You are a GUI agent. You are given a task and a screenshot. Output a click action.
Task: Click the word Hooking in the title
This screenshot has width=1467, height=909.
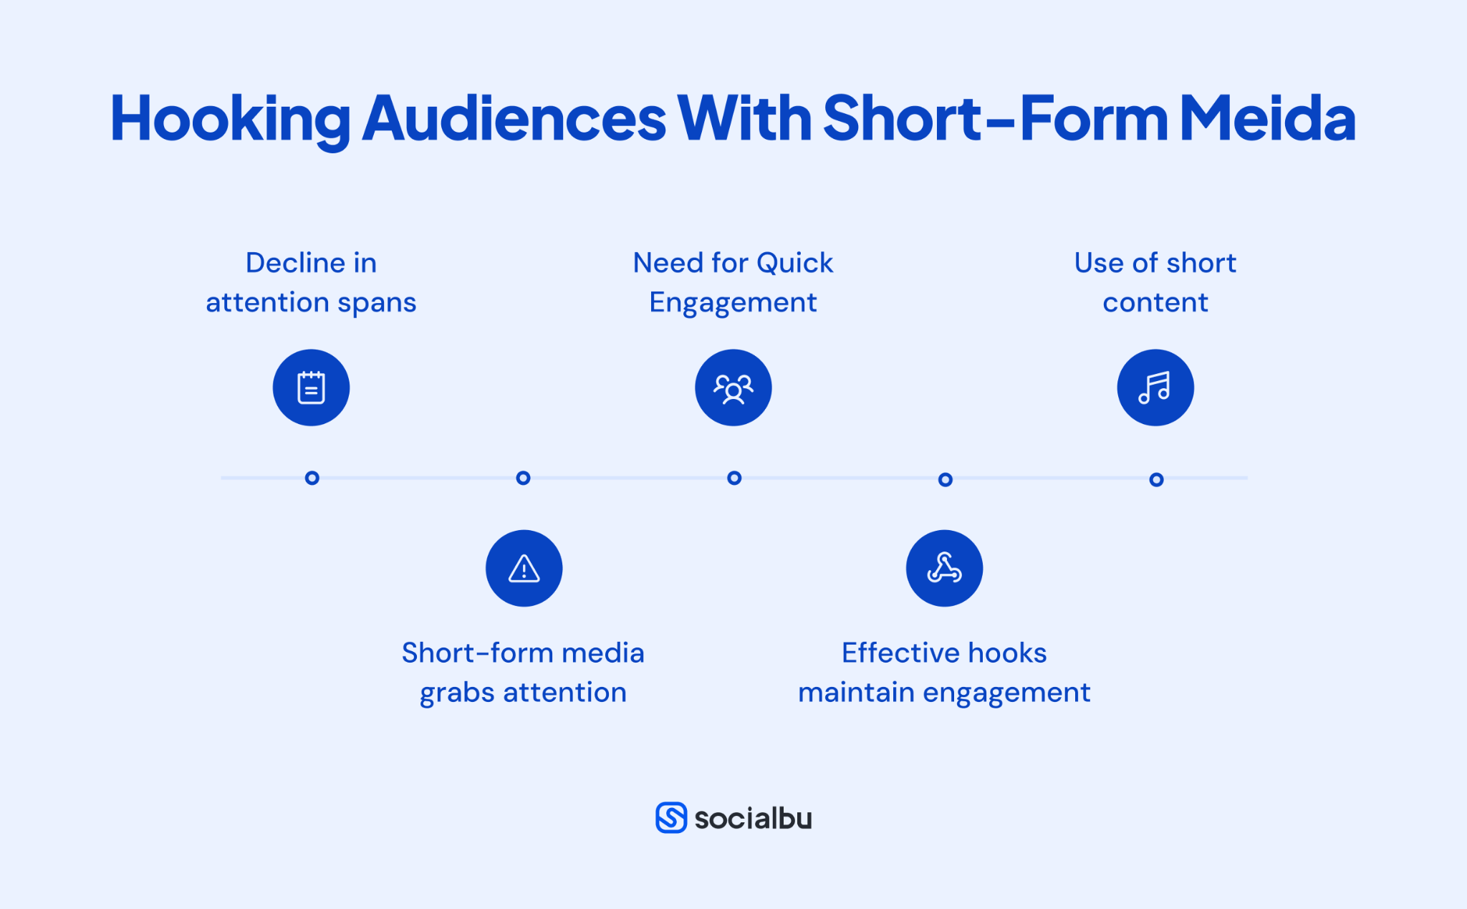(x=230, y=119)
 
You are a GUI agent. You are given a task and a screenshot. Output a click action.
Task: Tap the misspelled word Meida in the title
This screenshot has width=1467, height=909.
(x=1267, y=119)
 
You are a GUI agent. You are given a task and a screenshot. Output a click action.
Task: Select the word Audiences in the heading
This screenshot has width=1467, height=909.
(x=514, y=119)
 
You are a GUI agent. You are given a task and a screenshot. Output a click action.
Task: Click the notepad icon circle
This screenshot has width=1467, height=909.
(x=311, y=388)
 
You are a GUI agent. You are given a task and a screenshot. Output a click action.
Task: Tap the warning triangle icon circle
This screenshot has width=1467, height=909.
(x=524, y=568)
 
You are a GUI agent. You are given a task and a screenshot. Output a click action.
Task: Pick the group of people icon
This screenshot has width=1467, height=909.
(x=733, y=388)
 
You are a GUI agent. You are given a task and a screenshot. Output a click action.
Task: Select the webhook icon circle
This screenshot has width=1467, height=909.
(x=944, y=568)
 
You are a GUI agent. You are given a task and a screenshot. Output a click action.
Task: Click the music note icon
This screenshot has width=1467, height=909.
(x=1155, y=388)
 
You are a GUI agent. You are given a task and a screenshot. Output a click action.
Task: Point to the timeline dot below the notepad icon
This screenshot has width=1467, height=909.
(x=312, y=478)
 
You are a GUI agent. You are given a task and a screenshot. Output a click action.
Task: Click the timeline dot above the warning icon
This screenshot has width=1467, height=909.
(x=523, y=478)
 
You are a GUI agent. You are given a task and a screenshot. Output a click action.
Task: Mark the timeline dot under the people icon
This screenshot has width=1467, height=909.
(x=734, y=478)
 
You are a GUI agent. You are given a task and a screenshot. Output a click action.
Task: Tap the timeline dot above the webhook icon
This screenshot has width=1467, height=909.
(x=946, y=479)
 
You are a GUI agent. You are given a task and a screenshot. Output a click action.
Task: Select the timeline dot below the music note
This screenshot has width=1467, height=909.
(x=1156, y=479)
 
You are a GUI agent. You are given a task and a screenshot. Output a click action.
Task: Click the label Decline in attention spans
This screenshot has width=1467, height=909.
(x=311, y=282)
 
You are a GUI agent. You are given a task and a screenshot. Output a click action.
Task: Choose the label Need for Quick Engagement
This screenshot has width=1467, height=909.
(x=733, y=282)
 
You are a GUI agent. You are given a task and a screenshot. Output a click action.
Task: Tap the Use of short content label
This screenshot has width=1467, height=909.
(x=1155, y=282)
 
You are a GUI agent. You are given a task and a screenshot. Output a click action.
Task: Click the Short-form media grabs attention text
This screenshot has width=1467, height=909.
(x=523, y=673)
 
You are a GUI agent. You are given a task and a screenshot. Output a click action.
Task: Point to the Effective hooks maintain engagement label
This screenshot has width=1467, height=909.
(x=944, y=673)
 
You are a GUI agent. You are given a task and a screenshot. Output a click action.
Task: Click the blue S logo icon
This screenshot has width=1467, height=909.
(x=671, y=817)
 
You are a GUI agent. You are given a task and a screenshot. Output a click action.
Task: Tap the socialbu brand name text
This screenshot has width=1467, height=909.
(x=753, y=819)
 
